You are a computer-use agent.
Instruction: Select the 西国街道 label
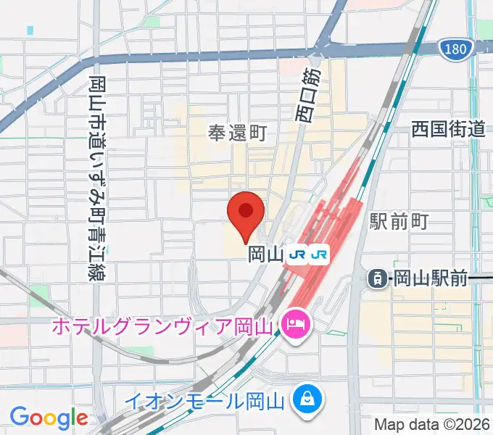point(447,130)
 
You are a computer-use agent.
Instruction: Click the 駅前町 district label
point(399,221)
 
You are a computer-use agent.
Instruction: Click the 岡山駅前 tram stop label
point(432,277)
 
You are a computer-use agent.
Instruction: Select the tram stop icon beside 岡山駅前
point(377,277)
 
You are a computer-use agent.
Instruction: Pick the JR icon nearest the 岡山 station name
point(297,254)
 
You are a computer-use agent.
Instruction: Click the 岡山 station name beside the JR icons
point(265,254)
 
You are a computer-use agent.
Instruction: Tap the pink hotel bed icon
point(294,319)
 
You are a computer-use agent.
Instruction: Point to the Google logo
point(49,418)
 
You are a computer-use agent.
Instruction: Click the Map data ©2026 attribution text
point(431,423)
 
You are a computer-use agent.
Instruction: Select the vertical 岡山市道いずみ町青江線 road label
point(96,178)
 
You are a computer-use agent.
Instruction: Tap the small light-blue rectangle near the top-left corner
point(30,31)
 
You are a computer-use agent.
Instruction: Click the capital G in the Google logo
point(20,417)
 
